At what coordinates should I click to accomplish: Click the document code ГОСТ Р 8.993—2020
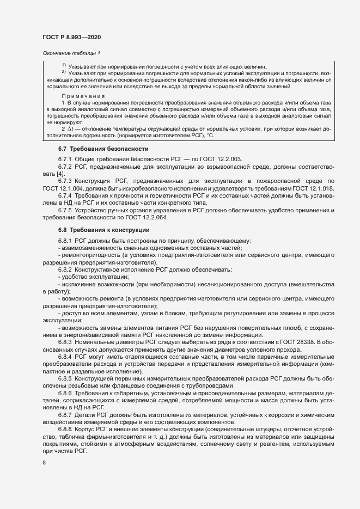tap(71, 36)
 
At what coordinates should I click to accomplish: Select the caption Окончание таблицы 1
tap(71, 53)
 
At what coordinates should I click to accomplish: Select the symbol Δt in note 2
tap(72, 129)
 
